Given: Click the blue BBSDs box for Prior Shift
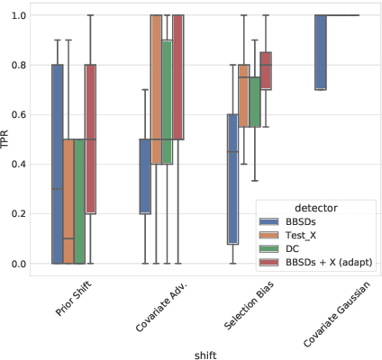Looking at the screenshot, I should click(x=58, y=164).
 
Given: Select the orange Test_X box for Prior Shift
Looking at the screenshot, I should click(x=68, y=202).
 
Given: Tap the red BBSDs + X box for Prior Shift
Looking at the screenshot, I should click(x=90, y=139).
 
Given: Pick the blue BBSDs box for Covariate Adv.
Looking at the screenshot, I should click(x=144, y=176).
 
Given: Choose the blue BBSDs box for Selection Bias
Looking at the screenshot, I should click(x=232, y=178).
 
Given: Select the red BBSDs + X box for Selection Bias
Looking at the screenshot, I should click(x=265, y=70).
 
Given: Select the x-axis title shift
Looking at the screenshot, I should click(x=205, y=354).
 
